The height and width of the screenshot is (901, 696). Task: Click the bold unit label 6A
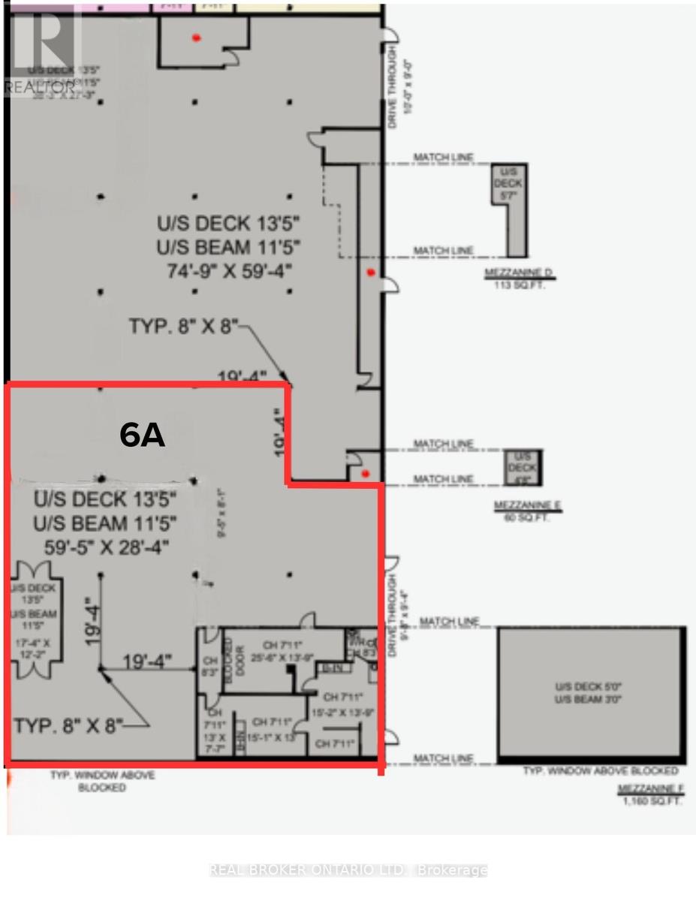click(x=143, y=435)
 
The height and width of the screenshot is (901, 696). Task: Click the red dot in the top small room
click(x=197, y=38)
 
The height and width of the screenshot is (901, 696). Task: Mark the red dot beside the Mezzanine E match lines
click(x=365, y=473)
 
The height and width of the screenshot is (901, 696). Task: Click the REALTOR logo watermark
click(x=41, y=49)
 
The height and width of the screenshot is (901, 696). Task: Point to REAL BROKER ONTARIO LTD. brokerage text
click(x=348, y=870)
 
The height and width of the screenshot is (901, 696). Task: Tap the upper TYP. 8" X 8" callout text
click(x=182, y=326)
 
